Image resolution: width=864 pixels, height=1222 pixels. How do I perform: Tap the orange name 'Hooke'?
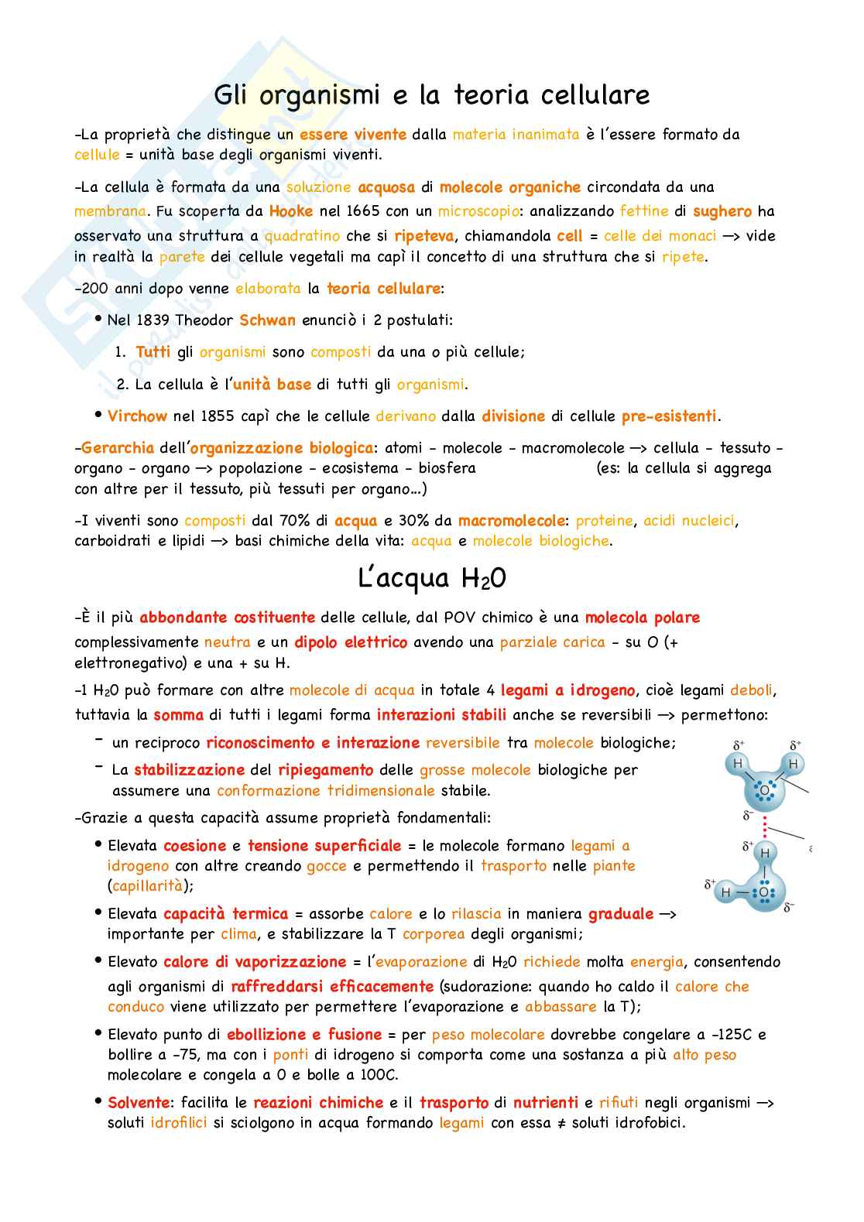[x=291, y=211]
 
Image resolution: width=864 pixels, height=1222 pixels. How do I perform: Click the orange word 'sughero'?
[x=722, y=211]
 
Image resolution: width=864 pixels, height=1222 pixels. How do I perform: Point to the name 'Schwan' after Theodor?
[x=267, y=320]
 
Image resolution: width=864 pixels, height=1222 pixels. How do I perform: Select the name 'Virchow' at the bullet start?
[x=137, y=416]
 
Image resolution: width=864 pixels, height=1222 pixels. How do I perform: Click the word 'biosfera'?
[x=447, y=468]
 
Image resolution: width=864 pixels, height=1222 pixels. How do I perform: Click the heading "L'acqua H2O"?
[x=432, y=578]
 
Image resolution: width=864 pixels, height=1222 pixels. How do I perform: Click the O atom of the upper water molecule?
[x=764, y=791]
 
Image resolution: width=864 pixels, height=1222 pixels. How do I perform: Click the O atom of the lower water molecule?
[x=764, y=892]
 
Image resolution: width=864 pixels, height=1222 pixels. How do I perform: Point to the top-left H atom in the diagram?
[x=737, y=765]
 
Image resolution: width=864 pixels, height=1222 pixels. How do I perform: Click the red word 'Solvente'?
[x=139, y=1103]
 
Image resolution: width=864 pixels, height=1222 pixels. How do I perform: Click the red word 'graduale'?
[x=621, y=914]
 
